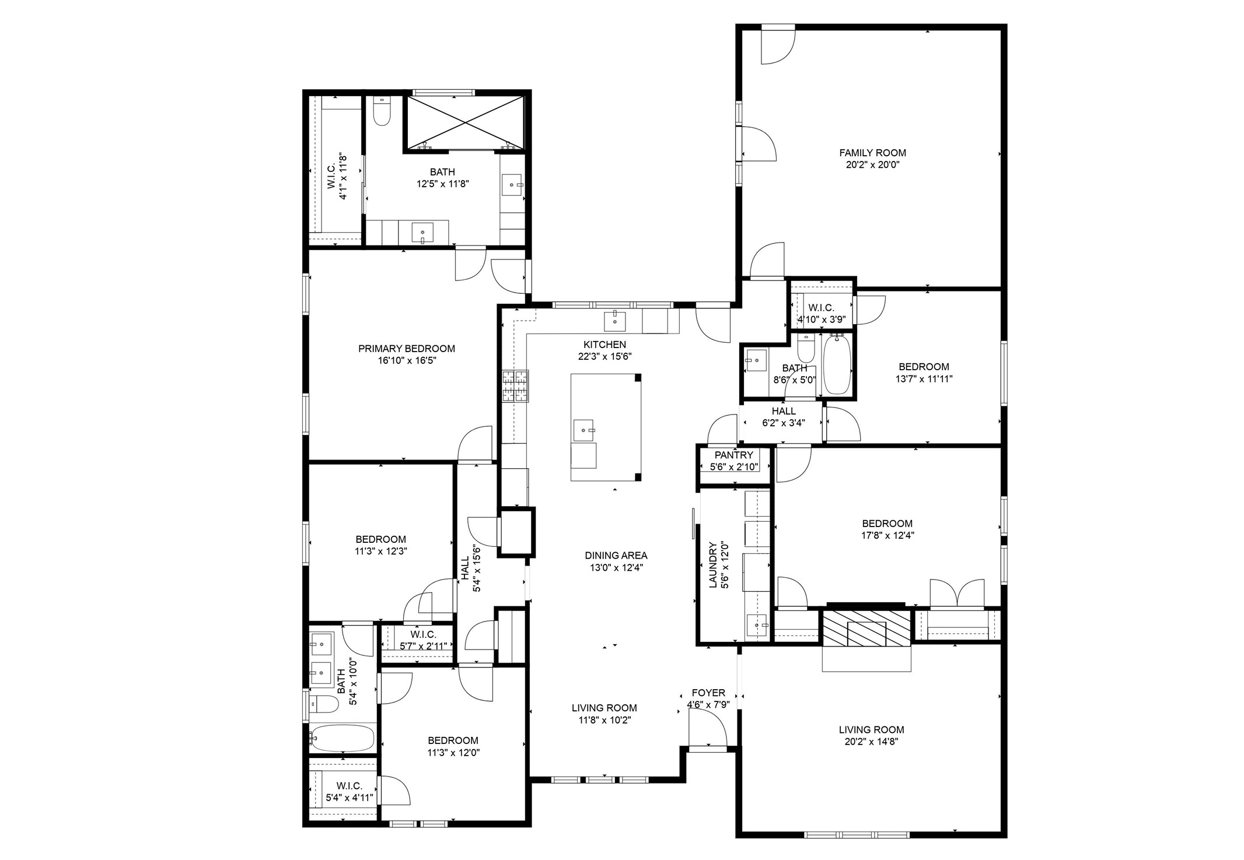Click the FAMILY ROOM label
click(872, 153)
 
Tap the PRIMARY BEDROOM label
click(406, 349)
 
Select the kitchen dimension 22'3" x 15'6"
click(604, 356)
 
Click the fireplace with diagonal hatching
click(866, 629)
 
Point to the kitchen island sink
click(583, 430)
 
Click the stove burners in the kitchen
click(515, 387)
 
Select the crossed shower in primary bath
click(464, 122)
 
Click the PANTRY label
click(733, 455)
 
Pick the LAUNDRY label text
click(713, 565)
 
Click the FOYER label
click(708, 693)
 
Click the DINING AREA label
click(616, 556)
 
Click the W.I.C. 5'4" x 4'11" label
click(349, 786)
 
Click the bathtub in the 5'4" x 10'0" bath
click(343, 738)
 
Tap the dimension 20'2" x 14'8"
click(871, 742)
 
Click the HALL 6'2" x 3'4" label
click(783, 411)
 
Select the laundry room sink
click(757, 625)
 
